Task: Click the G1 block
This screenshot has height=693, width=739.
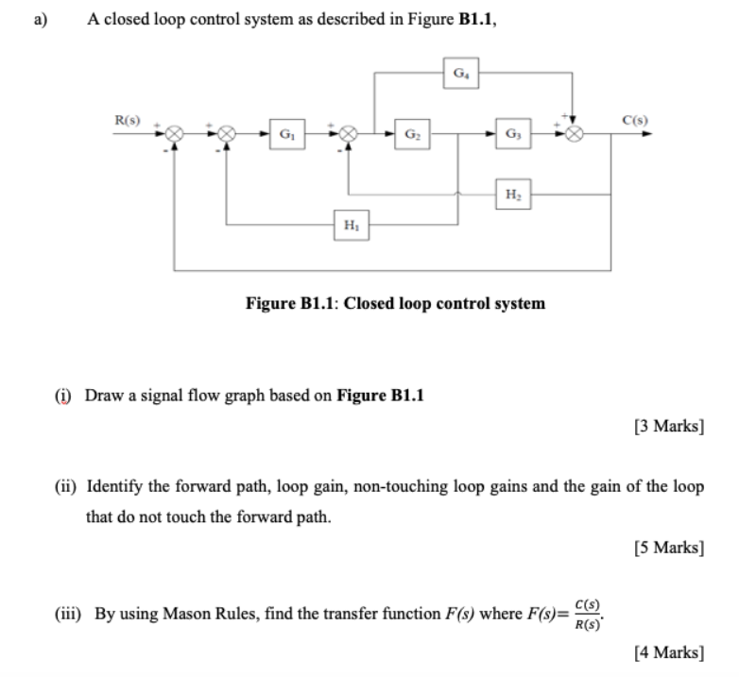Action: pyautogui.click(x=284, y=135)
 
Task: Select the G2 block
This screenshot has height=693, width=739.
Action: pyautogui.click(x=412, y=135)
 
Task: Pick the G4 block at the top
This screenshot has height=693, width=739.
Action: pyautogui.click(x=460, y=73)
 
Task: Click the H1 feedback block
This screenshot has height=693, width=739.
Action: pyautogui.click(x=351, y=226)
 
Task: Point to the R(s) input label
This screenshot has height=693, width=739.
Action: pyautogui.click(x=128, y=121)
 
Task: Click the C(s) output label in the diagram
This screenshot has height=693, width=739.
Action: pyautogui.click(x=633, y=121)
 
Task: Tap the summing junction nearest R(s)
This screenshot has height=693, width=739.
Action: pyautogui.click(x=173, y=135)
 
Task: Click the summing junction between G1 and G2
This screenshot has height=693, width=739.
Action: pyautogui.click(x=348, y=135)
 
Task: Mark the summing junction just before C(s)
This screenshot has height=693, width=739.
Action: pyautogui.click(x=574, y=135)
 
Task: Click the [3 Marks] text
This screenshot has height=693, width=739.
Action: pyautogui.click(x=669, y=426)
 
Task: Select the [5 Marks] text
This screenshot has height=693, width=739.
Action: pyautogui.click(x=669, y=549)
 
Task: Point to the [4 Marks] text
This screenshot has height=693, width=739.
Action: pyautogui.click(x=669, y=651)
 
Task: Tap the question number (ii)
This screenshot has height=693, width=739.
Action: pyautogui.click(x=65, y=488)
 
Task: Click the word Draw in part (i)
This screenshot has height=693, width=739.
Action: pyautogui.click(x=103, y=395)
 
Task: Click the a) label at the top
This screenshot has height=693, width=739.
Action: pyautogui.click(x=41, y=17)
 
